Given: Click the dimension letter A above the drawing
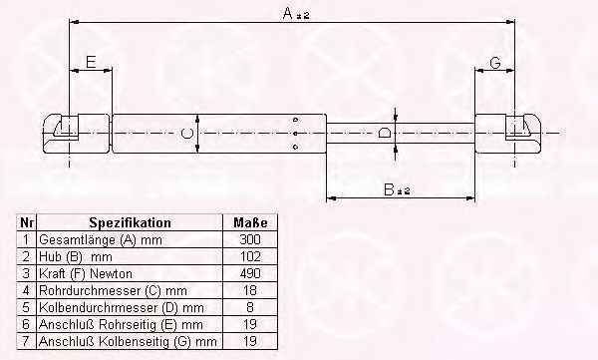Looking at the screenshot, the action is (288, 14).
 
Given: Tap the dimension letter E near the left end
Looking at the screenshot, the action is (91, 62).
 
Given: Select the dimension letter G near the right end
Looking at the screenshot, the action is (495, 62).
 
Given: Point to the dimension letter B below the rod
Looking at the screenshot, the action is (389, 189).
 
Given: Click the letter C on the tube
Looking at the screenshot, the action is (187, 134).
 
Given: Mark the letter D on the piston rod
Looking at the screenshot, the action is (384, 133).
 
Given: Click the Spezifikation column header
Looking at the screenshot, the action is (130, 222).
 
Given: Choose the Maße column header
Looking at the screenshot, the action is (250, 222).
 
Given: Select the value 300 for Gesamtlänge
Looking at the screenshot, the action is (250, 239).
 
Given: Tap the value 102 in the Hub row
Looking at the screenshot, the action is (250, 256).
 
